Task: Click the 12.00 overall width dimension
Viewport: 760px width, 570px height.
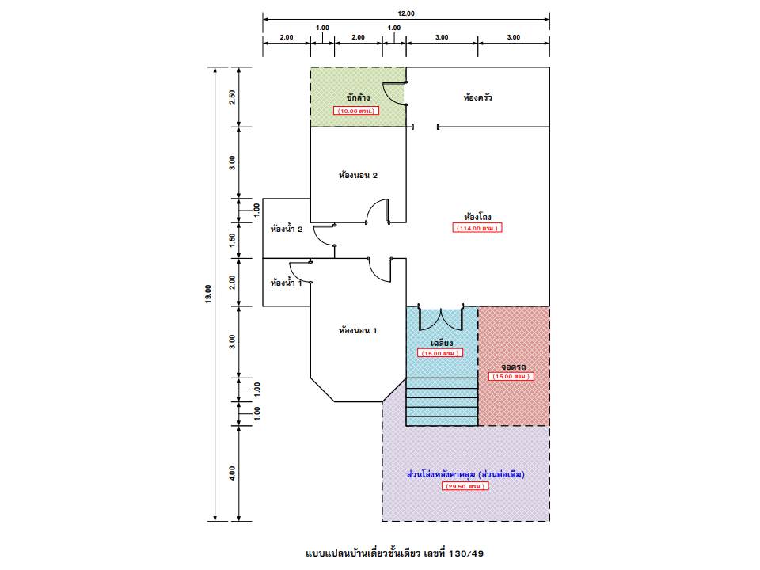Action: [406, 13]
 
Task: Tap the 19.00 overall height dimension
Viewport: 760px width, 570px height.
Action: [208, 294]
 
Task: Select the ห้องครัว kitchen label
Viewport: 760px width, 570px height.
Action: [477, 97]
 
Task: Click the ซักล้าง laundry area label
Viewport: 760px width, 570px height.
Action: [358, 97]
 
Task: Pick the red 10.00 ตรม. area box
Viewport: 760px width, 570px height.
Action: [356, 111]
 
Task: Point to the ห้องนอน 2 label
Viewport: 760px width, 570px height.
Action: [358, 175]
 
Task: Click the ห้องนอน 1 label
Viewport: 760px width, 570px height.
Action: [358, 331]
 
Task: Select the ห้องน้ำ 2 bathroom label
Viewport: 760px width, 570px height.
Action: [287, 228]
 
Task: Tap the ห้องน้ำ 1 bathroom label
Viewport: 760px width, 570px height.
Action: [287, 282]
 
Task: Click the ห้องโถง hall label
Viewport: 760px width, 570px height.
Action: [477, 217]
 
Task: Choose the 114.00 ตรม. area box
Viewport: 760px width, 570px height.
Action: [477, 228]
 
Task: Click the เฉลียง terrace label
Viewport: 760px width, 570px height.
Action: [442, 343]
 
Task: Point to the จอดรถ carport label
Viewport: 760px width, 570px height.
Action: [513, 367]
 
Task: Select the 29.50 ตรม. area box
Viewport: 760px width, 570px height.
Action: [465, 486]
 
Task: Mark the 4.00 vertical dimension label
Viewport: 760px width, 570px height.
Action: [232, 473]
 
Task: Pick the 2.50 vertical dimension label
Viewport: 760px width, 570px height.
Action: [232, 97]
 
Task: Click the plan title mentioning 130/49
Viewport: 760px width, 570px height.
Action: [394, 553]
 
